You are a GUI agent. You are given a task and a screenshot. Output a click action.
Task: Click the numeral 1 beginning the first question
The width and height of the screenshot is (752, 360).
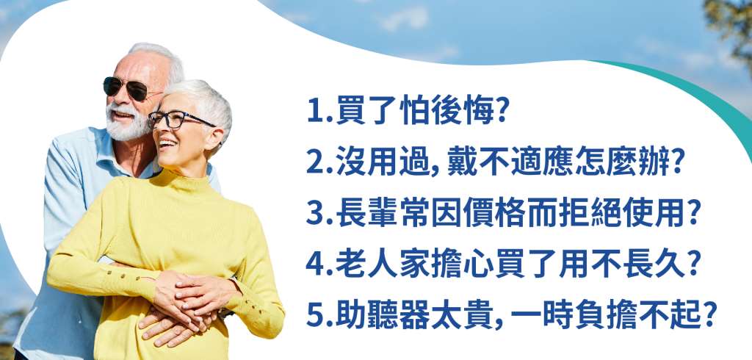tap(314, 112)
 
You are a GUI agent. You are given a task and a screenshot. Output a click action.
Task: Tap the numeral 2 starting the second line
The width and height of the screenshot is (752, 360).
tap(314, 162)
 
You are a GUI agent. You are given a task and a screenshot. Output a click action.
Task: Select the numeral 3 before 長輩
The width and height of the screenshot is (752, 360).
tap(314, 214)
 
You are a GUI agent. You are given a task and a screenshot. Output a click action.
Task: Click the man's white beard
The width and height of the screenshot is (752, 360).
tap(126, 123)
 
